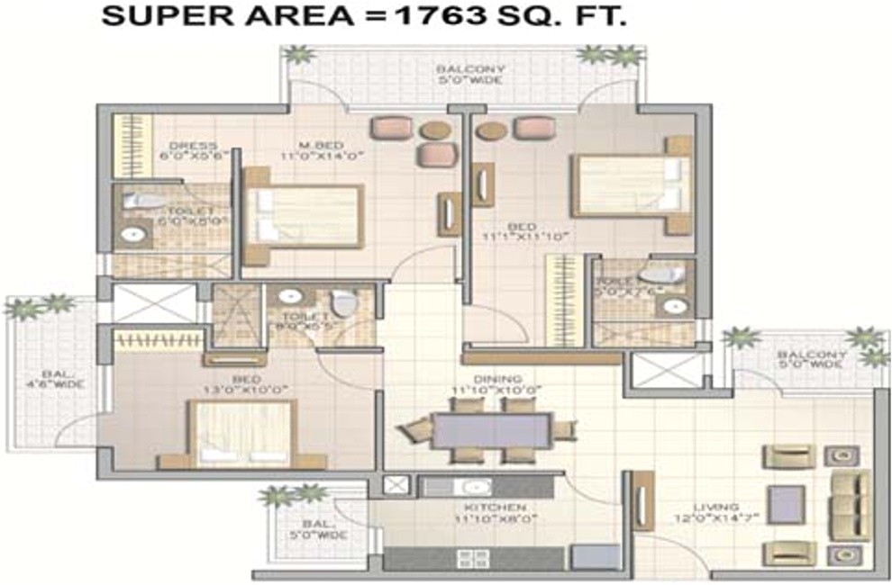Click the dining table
(490, 430)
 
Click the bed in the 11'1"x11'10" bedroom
(631, 186)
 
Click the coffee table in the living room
(786, 504)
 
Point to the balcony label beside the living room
(812, 360)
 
